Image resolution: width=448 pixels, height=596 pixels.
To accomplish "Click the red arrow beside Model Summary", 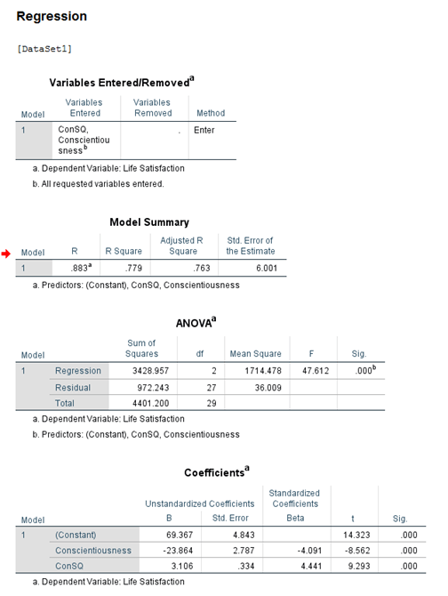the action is coord(7,254).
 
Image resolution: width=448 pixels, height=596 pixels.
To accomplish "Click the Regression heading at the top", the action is coord(52,17).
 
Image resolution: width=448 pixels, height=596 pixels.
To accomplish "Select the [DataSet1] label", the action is coord(44,47).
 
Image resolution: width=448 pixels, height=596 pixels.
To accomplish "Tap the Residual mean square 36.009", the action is coord(248,388).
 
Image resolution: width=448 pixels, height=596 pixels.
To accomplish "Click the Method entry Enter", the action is coord(204,130).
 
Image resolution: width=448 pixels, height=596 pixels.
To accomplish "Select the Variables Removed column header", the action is coord(152,108).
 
